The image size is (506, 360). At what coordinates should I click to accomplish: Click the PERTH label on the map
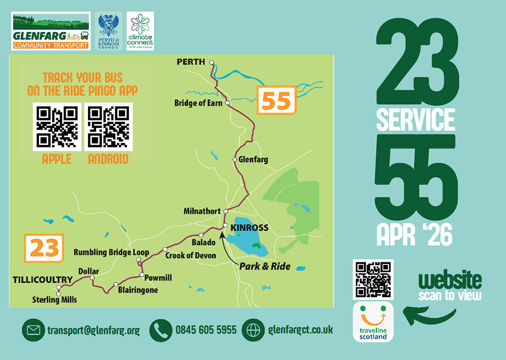191,62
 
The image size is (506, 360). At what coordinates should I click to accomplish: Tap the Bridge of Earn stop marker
228,103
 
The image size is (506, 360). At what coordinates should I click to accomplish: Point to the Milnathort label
202,211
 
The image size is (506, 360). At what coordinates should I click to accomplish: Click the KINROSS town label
249,228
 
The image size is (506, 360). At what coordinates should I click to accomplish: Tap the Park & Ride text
265,266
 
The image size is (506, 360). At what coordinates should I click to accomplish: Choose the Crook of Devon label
191,256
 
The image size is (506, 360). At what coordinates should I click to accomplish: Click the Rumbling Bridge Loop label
111,252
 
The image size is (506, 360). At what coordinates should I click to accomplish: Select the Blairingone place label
138,290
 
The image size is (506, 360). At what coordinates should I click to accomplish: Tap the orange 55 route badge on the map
276,101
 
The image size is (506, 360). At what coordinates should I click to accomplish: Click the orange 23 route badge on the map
44,249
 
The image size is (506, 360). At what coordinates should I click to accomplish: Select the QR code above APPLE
57,126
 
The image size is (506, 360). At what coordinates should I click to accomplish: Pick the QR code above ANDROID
108,126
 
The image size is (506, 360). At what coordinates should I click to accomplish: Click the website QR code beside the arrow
373,280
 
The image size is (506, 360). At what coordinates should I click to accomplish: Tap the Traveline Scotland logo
372,321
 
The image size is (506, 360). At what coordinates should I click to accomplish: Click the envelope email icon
33,330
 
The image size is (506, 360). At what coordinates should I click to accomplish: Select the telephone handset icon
161,330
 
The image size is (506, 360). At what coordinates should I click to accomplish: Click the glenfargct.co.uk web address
301,330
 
